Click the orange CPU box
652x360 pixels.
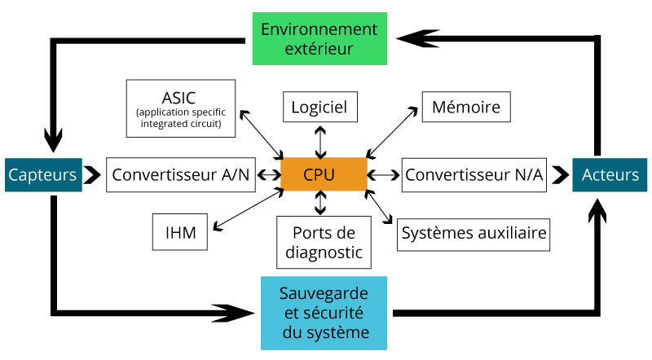click(324, 175)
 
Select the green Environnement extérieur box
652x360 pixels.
click(319, 38)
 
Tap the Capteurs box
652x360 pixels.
click(43, 174)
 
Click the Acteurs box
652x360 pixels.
click(610, 174)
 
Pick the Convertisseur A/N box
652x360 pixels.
click(181, 175)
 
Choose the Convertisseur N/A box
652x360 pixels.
click(474, 175)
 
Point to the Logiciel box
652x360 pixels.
click(319, 106)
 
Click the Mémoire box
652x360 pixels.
click(466, 106)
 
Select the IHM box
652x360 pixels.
click(179, 232)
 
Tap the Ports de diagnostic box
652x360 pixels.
click(324, 242)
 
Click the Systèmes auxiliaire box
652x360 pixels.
click(474, 235)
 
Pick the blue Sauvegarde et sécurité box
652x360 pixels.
click(324, 313)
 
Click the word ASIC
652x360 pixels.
click(179, 98)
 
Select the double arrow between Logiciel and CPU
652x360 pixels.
click(320, 141)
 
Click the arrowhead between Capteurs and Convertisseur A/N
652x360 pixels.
click(93, 174)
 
